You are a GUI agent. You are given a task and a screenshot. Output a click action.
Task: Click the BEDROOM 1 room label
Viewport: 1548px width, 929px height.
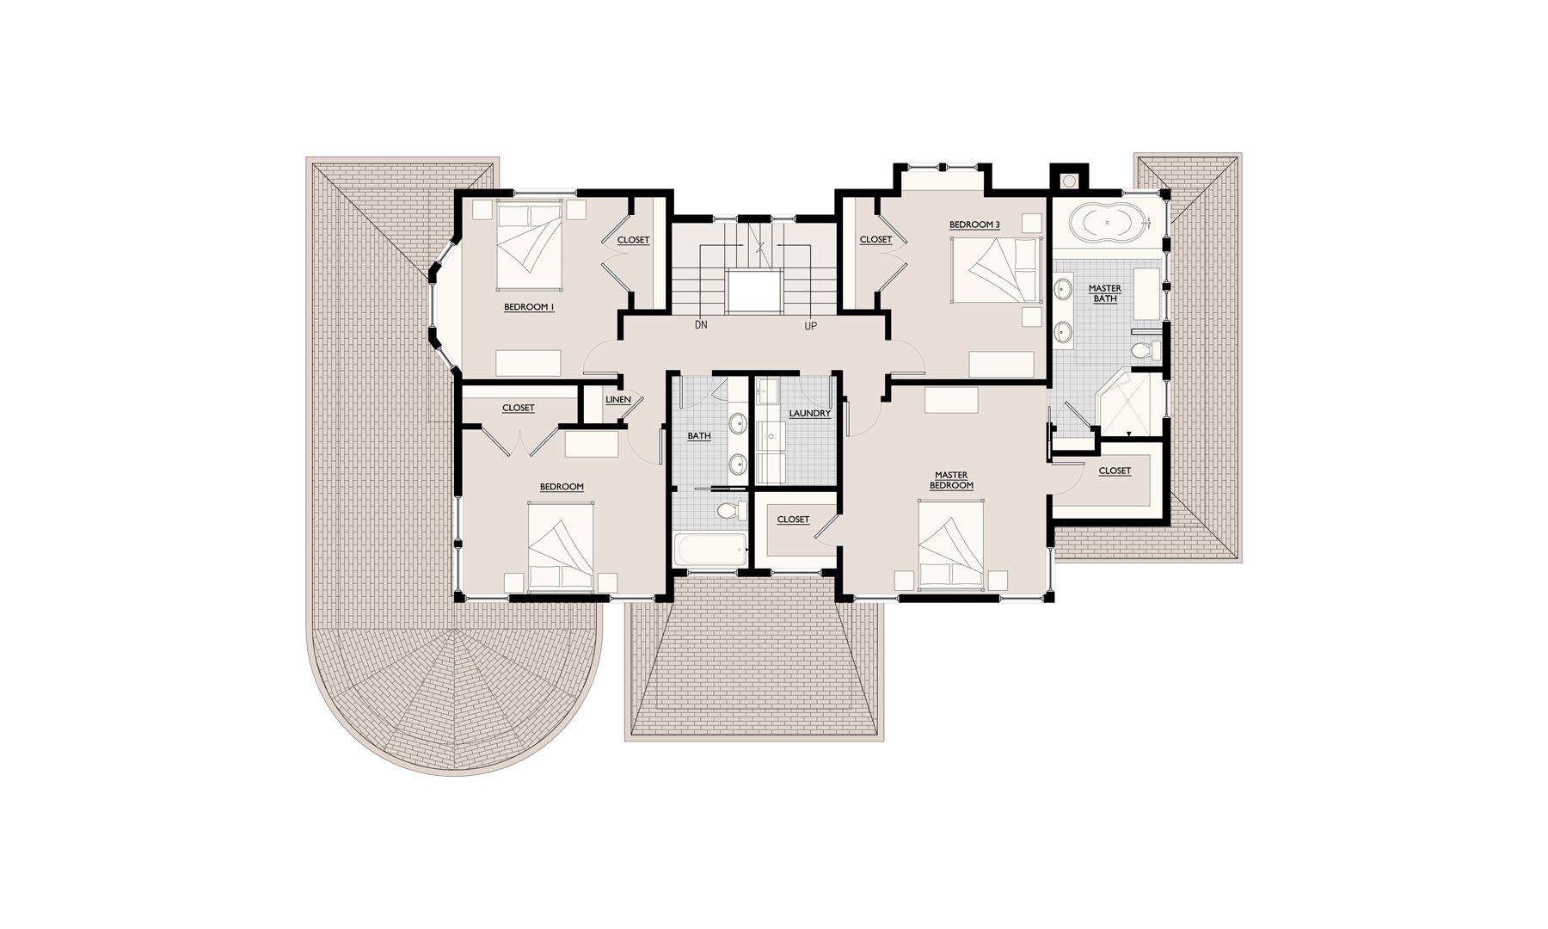[529, 306]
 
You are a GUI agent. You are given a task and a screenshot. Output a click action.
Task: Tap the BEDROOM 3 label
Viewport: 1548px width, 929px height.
[974, 225]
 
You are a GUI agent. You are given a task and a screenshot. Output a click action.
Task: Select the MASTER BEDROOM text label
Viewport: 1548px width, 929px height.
[951, 480]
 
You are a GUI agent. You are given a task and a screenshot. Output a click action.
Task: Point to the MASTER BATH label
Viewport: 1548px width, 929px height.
[1105, 293]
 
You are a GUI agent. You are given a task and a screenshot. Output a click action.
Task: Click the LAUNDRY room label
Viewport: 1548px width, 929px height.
[810, 414]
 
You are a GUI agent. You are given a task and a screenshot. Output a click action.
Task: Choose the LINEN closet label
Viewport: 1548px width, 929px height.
[618, 400]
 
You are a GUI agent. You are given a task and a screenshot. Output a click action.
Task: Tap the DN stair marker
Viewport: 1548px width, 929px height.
[701, 326]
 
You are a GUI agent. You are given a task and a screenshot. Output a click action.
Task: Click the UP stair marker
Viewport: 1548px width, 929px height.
[810, 326]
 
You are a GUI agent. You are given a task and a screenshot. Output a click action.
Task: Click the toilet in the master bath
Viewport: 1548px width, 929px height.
[1146, 351]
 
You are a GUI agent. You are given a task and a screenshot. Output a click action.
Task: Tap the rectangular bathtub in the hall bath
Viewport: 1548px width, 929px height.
[710, 550]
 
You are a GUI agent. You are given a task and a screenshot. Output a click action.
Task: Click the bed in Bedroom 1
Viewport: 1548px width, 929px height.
[530, 246]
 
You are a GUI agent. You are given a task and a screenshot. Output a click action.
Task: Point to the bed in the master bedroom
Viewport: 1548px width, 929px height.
[951, 545]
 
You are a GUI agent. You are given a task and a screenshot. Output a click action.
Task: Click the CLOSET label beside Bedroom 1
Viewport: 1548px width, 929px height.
[633, 240]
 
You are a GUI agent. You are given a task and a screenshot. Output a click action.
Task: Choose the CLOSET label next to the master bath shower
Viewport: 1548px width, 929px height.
[1115, 471]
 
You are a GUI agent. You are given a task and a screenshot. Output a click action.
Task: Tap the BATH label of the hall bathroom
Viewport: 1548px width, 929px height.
[699, 436]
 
